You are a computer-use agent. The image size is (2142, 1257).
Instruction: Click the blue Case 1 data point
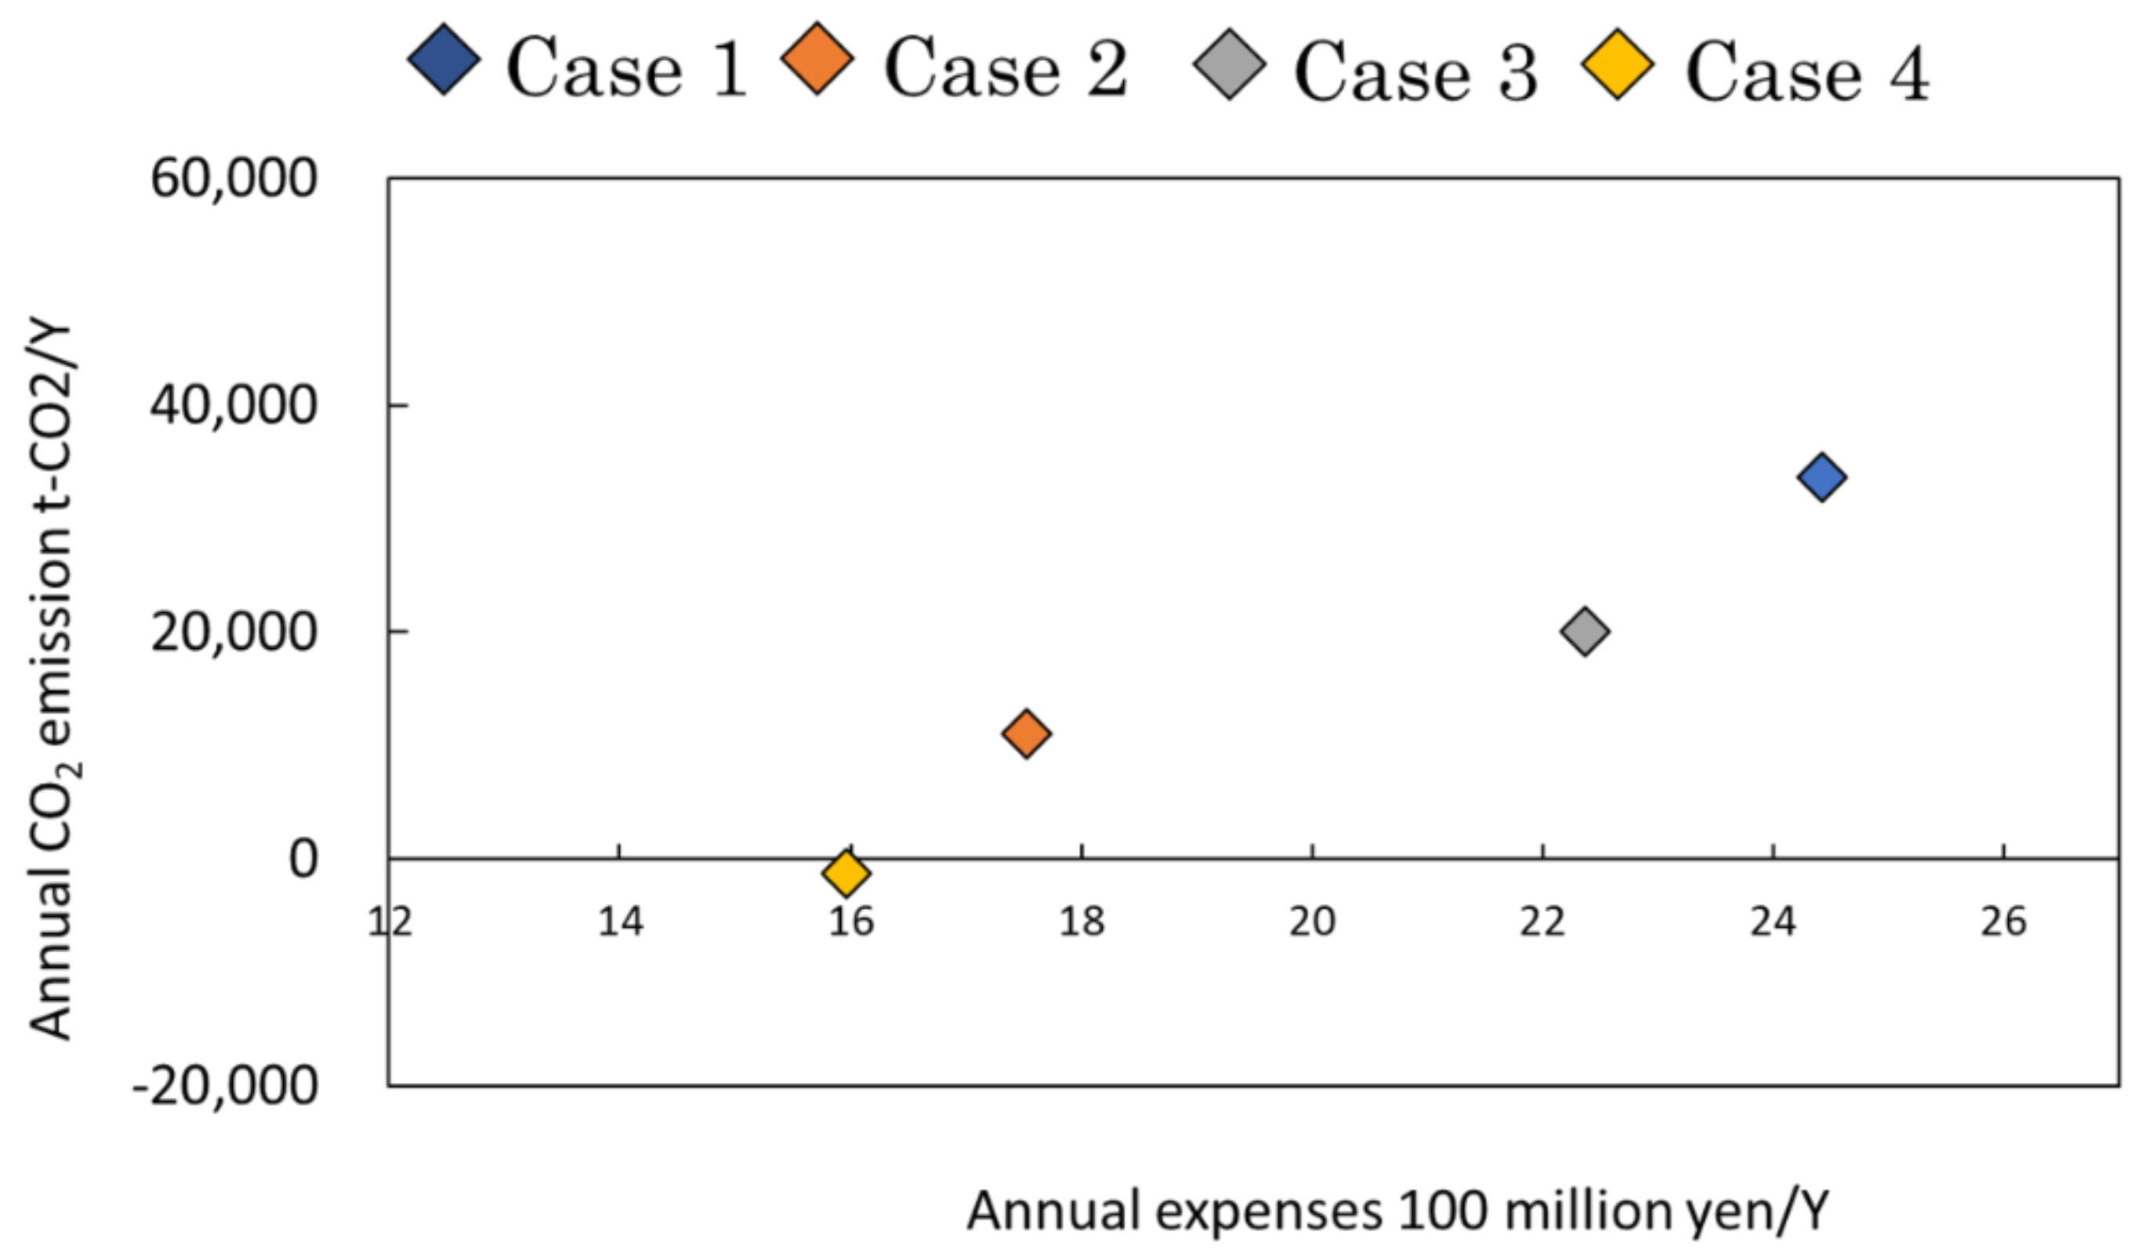(x=1821, y=476)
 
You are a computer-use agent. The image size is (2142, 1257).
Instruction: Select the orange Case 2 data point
(x=1026, y=733)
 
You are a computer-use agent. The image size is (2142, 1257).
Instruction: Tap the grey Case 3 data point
(x=1585, y=631)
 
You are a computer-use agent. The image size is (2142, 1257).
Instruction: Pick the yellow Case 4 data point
(x=846, y=872)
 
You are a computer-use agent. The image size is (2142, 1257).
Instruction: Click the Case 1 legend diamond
(x=444, y=60)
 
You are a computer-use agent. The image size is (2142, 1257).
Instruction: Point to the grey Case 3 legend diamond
(x=1229, y=64)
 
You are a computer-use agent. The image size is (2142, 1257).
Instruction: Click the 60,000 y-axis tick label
(x=233, y=179)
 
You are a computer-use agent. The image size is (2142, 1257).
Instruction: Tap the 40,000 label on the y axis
(x=233, y=405)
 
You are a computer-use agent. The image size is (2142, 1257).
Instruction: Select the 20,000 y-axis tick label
(x=233, y=632)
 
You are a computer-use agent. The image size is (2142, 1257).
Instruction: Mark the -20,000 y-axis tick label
(x=224, y=1085)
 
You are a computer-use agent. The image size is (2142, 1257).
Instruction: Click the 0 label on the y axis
(x=303, y=858)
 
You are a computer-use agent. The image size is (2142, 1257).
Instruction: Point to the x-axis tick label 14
(x=620, y=922)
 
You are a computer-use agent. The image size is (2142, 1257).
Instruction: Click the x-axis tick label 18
(x=1082, y=922)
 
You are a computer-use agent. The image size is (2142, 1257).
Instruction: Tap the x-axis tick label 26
(x=2003, y=922)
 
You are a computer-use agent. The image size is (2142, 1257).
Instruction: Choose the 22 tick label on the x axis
(x=1542, y=922)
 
